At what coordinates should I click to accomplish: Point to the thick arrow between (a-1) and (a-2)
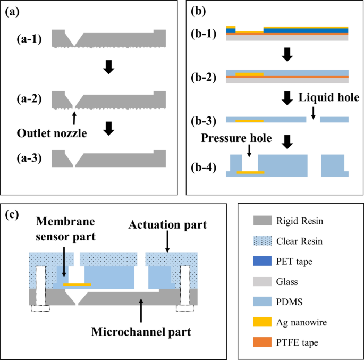[x=108, y=66]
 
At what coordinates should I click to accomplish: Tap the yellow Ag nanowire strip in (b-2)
[x=249, y=73]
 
